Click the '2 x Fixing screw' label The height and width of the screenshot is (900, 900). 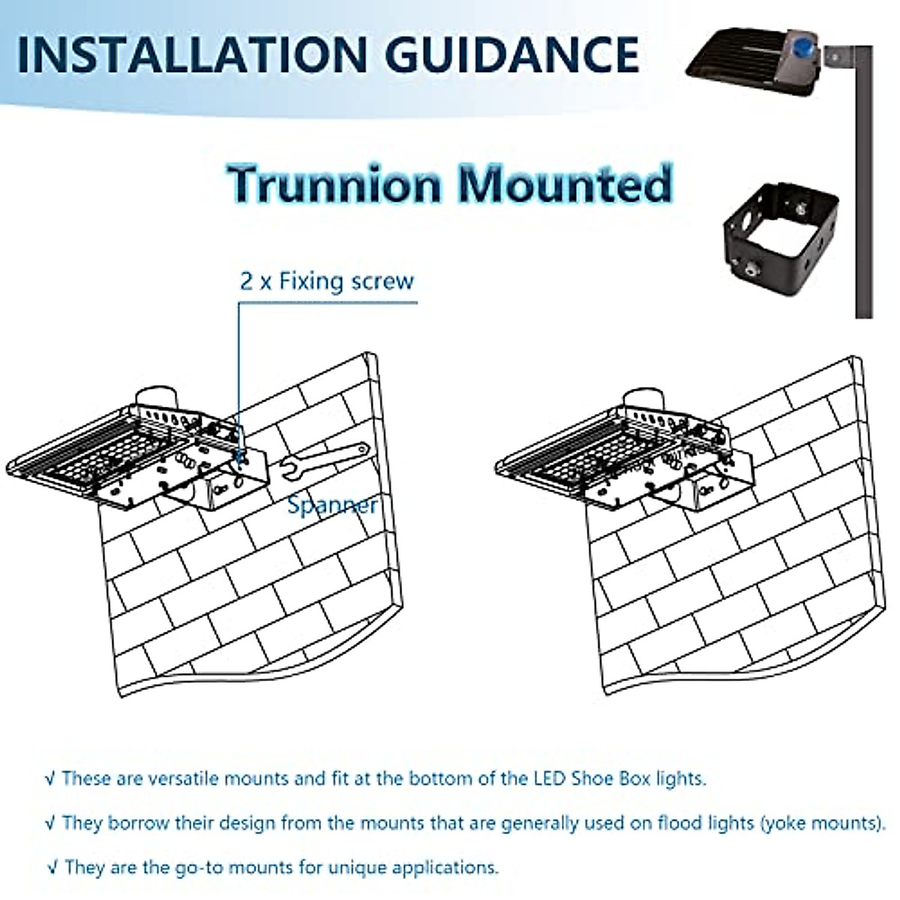326,281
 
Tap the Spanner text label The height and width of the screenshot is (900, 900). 332,505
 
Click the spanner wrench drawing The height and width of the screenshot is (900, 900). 323,462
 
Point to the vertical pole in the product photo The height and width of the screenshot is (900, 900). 863,187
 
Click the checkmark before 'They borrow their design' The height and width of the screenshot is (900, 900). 50,823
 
